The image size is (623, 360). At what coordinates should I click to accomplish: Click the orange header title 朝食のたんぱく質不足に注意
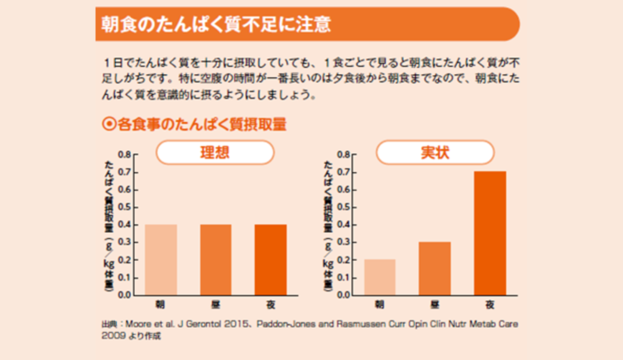(x=217, y=24)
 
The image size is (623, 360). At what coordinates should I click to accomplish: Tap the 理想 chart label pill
(x=215, y=152)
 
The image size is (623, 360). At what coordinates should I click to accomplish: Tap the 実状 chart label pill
(x=434, y=152)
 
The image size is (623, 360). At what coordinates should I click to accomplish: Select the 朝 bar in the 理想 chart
(x=161, y=260)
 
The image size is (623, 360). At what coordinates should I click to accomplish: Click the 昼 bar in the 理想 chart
(x=216, y=260)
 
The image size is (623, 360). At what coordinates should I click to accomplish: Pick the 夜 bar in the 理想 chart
(x=271, y=260)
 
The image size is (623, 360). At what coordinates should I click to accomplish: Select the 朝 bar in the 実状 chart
(x=380, y=277)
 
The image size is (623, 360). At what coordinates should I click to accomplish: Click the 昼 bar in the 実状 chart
(x=435, y=268)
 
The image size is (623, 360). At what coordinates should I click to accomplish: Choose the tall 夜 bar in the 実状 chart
(x=490, y=233)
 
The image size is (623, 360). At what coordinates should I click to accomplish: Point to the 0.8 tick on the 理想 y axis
(x=124, y=154)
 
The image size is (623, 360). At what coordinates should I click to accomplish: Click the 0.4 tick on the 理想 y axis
(x=124, y=225)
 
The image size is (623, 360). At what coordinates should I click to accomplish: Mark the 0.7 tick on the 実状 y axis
(x=343, y=172)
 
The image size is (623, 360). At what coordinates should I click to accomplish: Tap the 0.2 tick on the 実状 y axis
(x=343, y=260)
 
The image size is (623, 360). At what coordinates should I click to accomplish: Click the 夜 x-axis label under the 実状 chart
(x=490, y=304)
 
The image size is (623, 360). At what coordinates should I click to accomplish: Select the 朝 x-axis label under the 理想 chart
(x=161, y=304)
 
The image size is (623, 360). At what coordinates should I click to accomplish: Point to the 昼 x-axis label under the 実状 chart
(x=435, y=304)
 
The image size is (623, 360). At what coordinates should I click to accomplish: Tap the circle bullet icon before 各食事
(x=108, y=125)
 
